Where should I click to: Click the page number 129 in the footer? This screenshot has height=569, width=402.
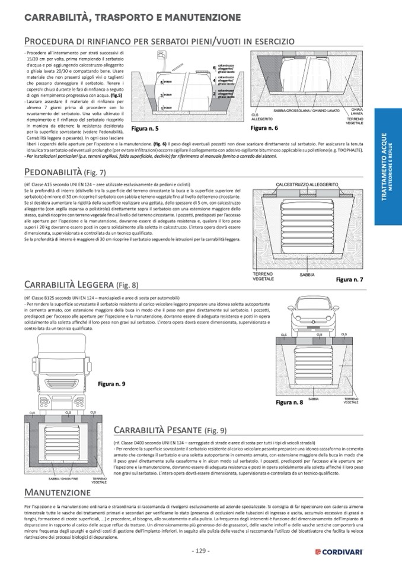coord(201,551)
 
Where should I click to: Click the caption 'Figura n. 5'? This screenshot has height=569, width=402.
coord(145,128)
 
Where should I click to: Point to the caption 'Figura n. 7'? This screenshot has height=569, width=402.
coord(349,278)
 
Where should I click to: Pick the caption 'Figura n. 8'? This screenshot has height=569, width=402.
coord(289,402)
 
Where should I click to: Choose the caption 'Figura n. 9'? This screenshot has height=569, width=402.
coord(111,384)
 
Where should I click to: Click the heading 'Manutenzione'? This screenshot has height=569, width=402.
coord(58,492)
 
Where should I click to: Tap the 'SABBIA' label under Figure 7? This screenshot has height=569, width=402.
coord(307,275)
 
